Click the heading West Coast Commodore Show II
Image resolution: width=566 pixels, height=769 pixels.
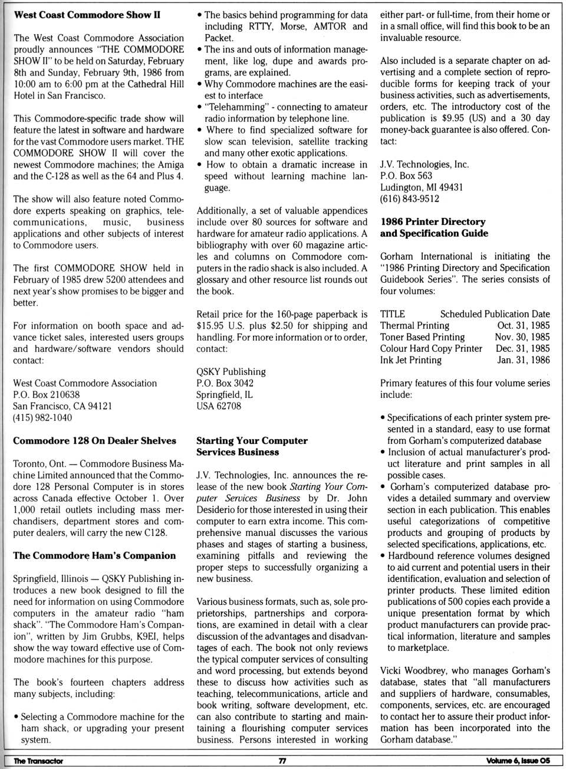pyautogui.click(x=87, y=15)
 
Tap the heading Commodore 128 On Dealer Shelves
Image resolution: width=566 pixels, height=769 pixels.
pyautogui.click(x=94, y=441)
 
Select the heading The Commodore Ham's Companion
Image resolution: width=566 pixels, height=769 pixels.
pyautogui.click(x=94, y=556)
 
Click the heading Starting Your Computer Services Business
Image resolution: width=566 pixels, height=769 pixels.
pyautogui.click(x=252, y=446)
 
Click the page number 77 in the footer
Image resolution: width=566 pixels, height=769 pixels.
pyautogui.click(x=282, y=761)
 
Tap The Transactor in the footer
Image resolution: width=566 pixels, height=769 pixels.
pyautogui.click(x=38, y=761)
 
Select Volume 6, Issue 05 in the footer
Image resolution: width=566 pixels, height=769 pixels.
pyautogui.click(x=518, y=761)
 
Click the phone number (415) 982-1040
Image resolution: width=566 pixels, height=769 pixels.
pyautogui.click(x=42, y=418)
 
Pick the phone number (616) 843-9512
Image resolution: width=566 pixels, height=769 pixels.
pyautogui.click(x=409, y=199)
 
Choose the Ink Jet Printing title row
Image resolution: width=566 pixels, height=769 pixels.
pyautogui.click(x=410, y=360)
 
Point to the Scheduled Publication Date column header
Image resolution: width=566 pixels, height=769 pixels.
pyautogui.click(x=495, y=314)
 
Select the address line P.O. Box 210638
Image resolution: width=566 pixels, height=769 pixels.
pyautogui.click(x=46, y=395)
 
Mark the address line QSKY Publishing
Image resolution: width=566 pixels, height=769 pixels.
pyautogui.click(x=231, y=372)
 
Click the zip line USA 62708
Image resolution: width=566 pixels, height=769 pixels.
pyautogui.click(x=219, y=406)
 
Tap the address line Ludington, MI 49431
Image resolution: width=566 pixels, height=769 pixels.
pyautogui.click(x=421, y=187)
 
